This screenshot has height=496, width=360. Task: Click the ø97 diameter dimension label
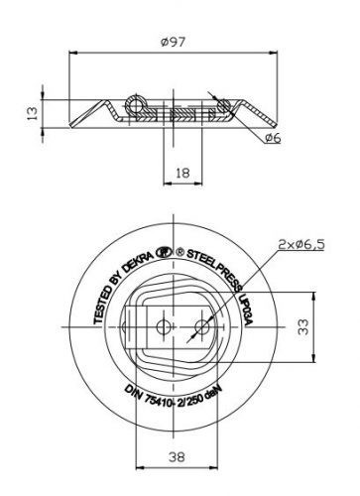(x=174, y=43)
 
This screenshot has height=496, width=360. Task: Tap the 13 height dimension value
(x=33, y=113)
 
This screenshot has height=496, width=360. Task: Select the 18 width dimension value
(x=182, y=173)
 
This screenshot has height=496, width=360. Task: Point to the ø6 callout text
(x=273, y=138)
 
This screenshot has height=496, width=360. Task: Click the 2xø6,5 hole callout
(x=301, y=245)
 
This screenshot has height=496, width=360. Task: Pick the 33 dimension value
(x=303, y=326)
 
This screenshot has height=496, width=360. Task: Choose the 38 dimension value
(x=177, y=457)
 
